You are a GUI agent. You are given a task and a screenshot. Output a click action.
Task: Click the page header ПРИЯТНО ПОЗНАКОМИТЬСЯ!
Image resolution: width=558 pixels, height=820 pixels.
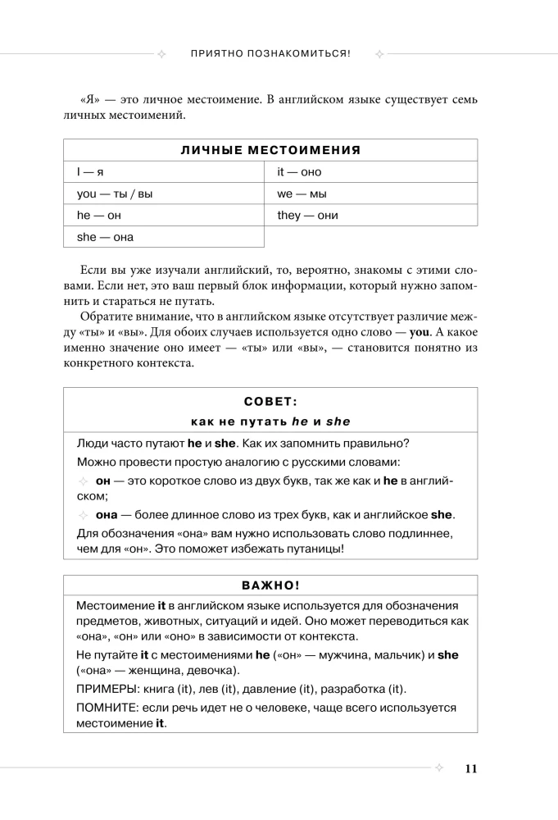click(x=270, y=54)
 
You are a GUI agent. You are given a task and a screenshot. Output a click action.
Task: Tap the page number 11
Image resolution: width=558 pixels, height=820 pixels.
click(x=470, y=768)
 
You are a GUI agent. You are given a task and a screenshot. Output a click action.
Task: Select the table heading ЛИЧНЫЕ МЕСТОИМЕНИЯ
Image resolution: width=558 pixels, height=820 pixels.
click(x=270, y=150)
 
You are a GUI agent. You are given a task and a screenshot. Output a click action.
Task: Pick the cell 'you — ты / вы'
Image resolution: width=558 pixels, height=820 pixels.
click(x=115, y=194)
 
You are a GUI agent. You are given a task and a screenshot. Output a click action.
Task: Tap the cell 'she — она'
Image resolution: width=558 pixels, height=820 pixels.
click(x=105, y=237)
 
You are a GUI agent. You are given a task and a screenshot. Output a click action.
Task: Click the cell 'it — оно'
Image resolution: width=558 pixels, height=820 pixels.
click(x=299, y=172)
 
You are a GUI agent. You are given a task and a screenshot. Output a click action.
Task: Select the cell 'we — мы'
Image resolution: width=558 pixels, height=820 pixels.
click(x=302, y=194)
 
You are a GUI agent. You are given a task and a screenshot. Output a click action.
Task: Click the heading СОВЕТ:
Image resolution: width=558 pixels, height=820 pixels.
click(x=270, y=402)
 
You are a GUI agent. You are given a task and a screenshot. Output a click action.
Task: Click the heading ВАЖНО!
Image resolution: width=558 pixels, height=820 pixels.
click(x=270, y=586)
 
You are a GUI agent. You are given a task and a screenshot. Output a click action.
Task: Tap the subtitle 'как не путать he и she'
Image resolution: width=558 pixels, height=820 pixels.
click(x=270, y=421)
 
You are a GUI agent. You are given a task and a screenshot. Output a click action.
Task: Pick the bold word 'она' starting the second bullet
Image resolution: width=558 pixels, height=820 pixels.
click(x=107, y=515)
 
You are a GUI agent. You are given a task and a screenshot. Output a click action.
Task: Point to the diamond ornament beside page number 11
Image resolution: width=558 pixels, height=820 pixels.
click(x=438, y=768)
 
